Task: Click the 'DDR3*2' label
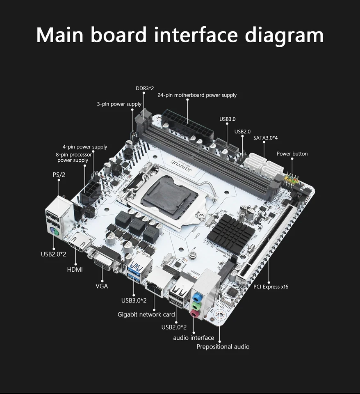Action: [144, 88]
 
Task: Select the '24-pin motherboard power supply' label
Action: [197, 95]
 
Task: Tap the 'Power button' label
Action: [292, 154]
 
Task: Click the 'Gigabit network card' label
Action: [146, 314]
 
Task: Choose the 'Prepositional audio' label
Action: [223, 347]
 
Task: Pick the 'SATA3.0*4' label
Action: [268, 138]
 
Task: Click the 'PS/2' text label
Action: [59, 175]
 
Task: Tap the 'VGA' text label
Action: [102, 286]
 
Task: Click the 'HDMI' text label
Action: [75, 270]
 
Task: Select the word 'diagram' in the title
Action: [284, 35]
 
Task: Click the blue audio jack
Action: [197, 297]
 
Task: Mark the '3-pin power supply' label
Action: [119, 104]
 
